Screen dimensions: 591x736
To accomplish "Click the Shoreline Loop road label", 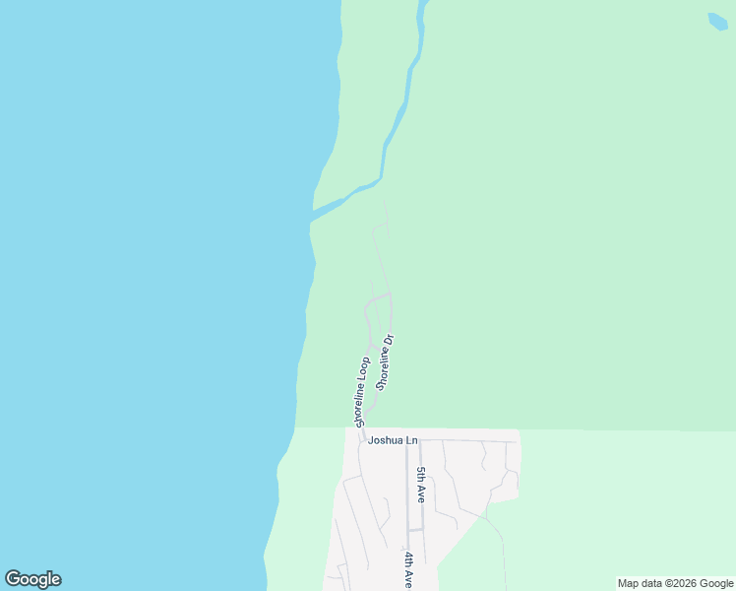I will pyautogui.click(x=358, y=391).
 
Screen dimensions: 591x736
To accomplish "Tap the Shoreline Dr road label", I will pyautogui.click(x=385, y=361).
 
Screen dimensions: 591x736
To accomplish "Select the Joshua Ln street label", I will pyautogui.click(x=393, y=440).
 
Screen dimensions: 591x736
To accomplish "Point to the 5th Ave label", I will pyautogui.click(x=421, y=485).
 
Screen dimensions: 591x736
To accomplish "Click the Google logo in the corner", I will pyautogui.click(x=32, y=579).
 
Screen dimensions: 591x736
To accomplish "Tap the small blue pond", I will pyautogui.click(x=718, y=22).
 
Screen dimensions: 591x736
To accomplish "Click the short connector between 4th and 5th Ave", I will pyautogui.click(x=415, y=530).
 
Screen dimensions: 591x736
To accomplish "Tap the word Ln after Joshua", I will pyautogui.click(x=411, y=440).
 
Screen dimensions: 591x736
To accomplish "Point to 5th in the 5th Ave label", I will pyautogui.click(x=421, y=475).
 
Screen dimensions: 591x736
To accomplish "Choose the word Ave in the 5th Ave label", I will pyautogui.click(x=421, y=493).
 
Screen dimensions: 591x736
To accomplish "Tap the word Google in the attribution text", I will pyautogui.click(x=716, y=584).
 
